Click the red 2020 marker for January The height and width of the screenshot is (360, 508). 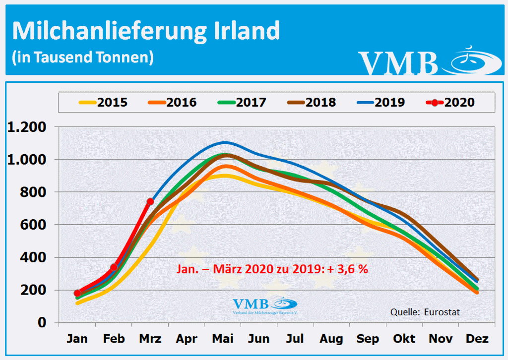tap(77, 293)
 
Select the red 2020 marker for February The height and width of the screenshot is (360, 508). tap(114, 267)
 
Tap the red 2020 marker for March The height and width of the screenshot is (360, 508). tap(150, 201)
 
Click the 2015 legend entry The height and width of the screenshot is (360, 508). tap(103, 103)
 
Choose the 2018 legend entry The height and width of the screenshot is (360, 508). tap(312, 103)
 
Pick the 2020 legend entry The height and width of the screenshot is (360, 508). tap(450, 103)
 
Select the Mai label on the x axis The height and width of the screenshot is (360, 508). tap(223, 339)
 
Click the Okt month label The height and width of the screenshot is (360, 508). tap(404, 339)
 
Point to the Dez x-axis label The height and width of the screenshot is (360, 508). tap(477, 339)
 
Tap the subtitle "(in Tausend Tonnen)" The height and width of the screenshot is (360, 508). tap(82, 57)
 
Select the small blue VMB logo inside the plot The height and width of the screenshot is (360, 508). tap(265, 305)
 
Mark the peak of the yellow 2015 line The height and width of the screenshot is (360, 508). tap(223, 176)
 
